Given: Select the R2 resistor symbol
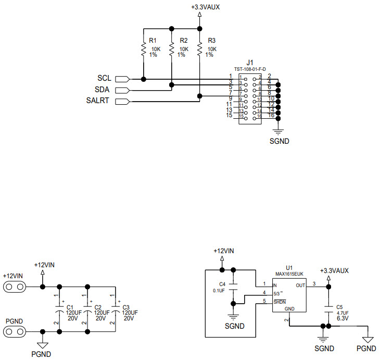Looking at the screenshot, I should pyautogui.click(x=171, y=49).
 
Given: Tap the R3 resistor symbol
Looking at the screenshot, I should pyautogui.click(x=199, y=49).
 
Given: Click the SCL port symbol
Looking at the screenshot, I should pyautogui.click(x=122, y=79).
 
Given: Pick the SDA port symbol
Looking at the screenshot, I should pyautogui.click(x=122, y=90).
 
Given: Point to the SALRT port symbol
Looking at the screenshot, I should pyautogui.click(x=122, y=101).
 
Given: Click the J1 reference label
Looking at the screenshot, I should pyautogui.click(x=250, y=62).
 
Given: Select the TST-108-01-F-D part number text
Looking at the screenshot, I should pyautogui.click(x=250, y=69).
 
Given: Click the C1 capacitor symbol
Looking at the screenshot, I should pyautogui.click(x=59, y=312).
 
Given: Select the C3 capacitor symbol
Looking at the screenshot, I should pyautogui.click(x=115, y=312).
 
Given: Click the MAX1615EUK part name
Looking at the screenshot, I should pyautogui.click(x=290, y=274).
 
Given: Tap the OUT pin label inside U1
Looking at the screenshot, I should pyautogui.click(x=300, y=285).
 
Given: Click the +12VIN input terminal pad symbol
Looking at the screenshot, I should pyautogui.click(x=15, y=287).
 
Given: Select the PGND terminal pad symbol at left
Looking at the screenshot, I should pyautogui.click(x=15, y=331).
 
